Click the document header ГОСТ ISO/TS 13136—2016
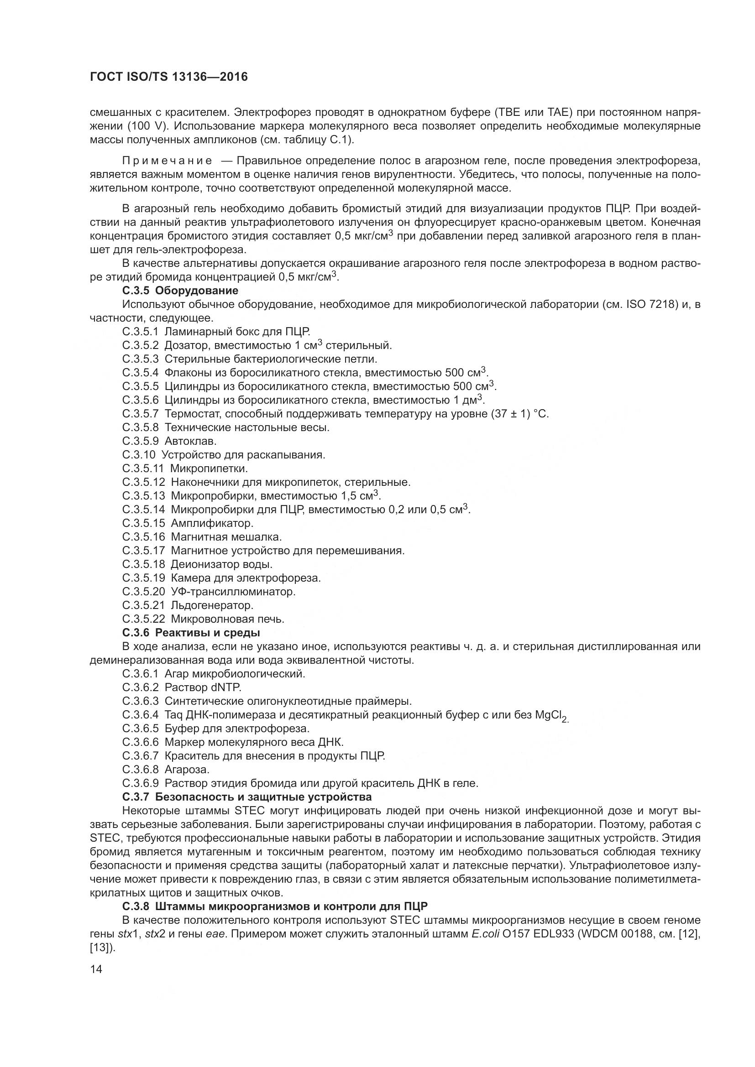(168, 77)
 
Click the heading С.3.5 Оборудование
(180, 291)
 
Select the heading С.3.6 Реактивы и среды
(191, 632)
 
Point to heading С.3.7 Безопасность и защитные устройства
(247, 797)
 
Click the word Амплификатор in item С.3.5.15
(212, 523)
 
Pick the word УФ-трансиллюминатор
(233, 592)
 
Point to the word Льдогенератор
(212, 605)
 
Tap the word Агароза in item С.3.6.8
(187, 770)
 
